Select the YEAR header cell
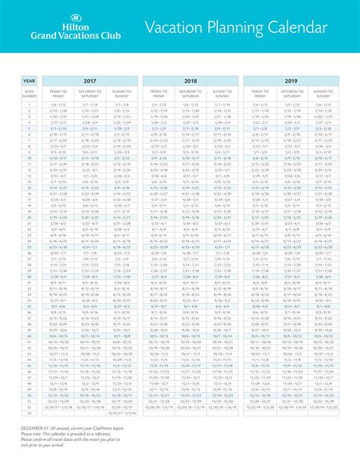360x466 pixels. pyautogui.click(x=29, y=80)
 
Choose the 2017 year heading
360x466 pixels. pyautogui.click(x=90, y=80)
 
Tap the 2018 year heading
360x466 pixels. pyautogui.click(x=191, y=80)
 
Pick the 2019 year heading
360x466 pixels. pyautogui.click(x=291, y=80)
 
